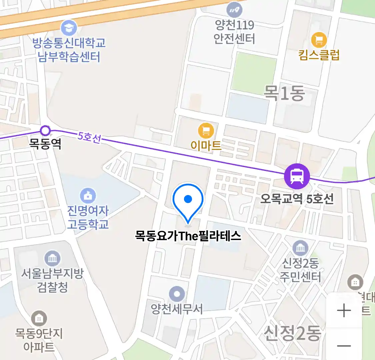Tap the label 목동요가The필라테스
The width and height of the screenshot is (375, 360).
(x=188, y=236)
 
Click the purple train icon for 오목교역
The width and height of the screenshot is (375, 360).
(x=297, y=176)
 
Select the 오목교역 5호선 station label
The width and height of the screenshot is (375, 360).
(x=297, y=199)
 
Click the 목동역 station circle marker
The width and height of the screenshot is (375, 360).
(x=45, y=130)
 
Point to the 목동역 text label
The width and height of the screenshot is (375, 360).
(x=45, y=144)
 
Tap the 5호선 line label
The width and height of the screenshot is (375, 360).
(x=89, y=137)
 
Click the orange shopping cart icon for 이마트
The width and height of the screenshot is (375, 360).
(x=206, y=131)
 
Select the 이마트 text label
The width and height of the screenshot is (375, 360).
(x=206, y=145)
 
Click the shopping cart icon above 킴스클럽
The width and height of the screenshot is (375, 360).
(x=319, y=40)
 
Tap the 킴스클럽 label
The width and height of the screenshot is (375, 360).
(x=319, y=55)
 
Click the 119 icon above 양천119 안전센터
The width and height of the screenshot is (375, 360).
(x=234, y=10)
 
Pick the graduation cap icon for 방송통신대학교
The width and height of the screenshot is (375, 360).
(x=69, y=28)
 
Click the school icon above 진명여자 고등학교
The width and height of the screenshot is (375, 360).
(x=88, y=196)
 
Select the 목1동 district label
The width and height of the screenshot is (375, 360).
(x=284, y=93)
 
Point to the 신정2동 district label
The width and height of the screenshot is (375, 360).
(x=292, y=333)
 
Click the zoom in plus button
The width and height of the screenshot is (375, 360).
(x=344, y=311)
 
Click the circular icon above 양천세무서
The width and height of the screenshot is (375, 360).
(x=177, y=294)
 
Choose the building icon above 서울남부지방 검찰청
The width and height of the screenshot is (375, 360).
(x=52, y=258)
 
